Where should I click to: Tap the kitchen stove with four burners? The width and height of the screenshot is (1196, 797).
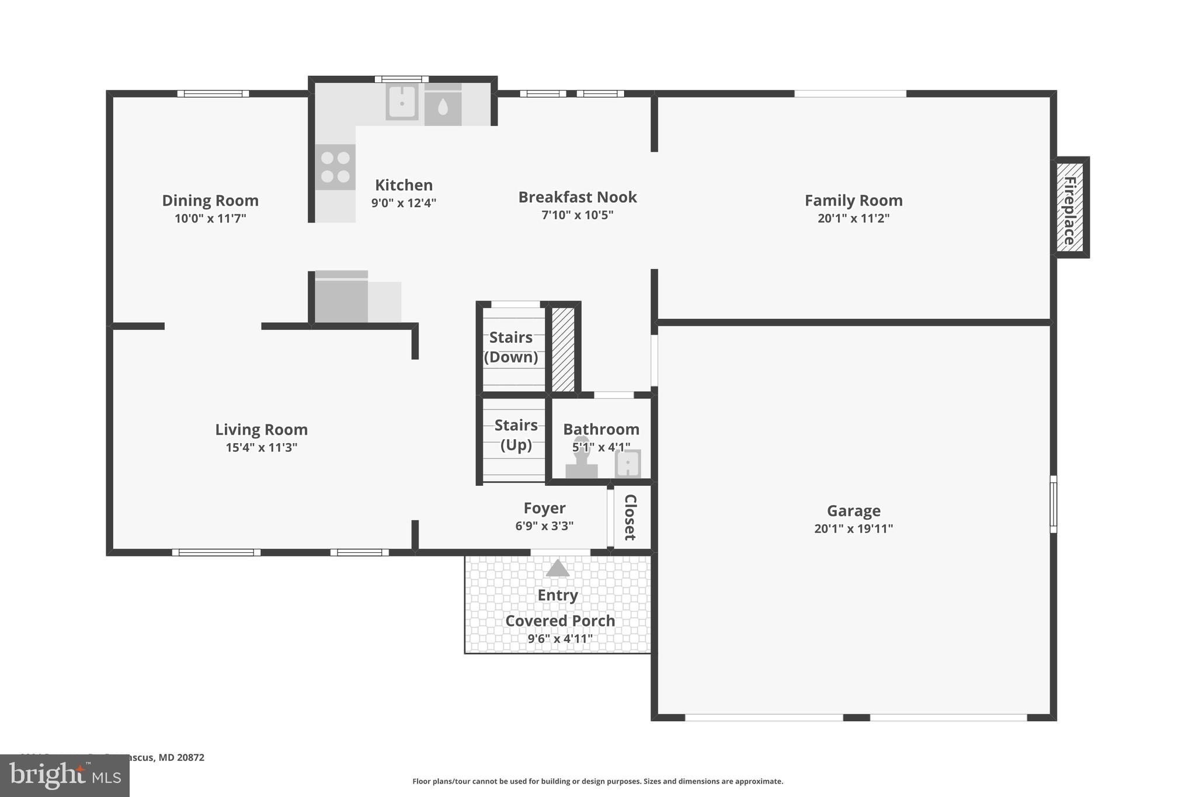pos(335,167)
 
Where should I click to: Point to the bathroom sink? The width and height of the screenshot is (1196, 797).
pos(628,464)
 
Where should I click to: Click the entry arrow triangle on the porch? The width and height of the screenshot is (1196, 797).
pos(558,568)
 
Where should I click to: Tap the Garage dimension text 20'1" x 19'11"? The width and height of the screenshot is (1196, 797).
pos(853,528)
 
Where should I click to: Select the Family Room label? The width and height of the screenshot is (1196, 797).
pos(853,200)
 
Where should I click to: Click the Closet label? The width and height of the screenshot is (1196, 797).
pos(630,517)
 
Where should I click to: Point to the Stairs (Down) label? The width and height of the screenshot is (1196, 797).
pos(511,347)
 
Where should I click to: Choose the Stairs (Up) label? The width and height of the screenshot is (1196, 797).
pos(516,434)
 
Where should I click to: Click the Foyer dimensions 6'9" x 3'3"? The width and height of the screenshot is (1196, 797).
pos(544,525)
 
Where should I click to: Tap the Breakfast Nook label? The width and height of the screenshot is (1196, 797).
pos(577,197)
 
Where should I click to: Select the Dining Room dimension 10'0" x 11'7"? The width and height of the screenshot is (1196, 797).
pos(210,218)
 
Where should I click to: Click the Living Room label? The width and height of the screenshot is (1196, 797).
pos(261,429)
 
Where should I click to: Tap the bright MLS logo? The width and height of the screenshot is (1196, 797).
pos(65,775)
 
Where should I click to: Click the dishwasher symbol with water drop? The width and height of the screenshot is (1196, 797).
pos(443,106)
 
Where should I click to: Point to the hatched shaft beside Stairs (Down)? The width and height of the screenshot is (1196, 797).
pos(563,349)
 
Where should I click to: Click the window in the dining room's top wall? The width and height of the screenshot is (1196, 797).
pos(213,93)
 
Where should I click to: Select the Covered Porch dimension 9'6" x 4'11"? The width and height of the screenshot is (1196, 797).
pos(559,639)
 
